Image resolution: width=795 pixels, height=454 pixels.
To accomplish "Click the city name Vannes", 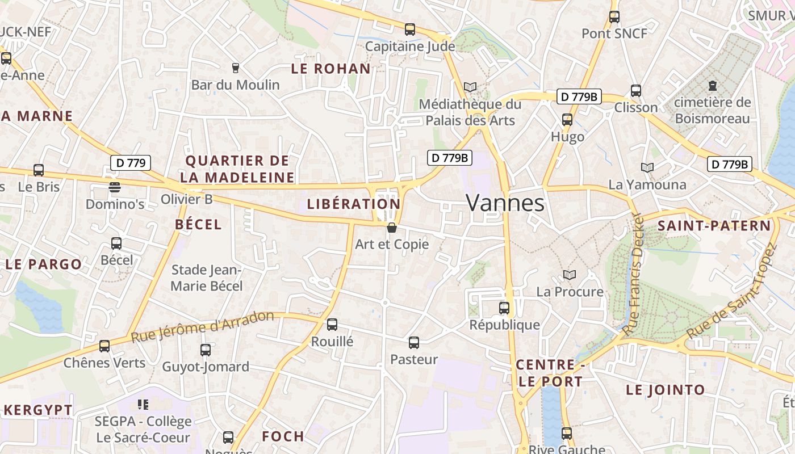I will (x=505, y=203).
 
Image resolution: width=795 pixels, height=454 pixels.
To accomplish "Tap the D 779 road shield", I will (x=130, y=163).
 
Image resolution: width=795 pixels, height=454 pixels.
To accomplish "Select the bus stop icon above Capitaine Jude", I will (x=410, y=29).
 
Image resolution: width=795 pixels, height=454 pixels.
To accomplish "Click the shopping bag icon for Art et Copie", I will (x=391, y=228).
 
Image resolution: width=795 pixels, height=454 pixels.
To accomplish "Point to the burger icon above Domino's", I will (x=115, y=187).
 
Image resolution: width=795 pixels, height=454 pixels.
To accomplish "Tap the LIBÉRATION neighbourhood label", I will (x=354, y=204).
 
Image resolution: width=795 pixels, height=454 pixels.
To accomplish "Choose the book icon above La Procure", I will (x=570, y=275).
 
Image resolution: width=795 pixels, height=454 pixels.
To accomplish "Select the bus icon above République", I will (x=504, y=308).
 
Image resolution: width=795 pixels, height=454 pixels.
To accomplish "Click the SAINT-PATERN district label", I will (x=714, y=226).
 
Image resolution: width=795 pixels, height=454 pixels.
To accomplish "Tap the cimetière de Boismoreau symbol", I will (x=713, y=86).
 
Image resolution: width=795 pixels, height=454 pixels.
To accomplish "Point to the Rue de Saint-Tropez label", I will (x=731, y=292).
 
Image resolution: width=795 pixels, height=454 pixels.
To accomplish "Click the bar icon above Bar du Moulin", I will (x=236, y=68).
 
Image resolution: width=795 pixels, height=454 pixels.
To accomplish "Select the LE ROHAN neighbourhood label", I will (x=330, y=69).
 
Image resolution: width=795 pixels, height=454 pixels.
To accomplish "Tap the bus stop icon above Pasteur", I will (x=414, y=343).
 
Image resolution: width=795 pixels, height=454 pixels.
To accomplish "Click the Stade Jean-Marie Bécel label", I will (x=207, y=278).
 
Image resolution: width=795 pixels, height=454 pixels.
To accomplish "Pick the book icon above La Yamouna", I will (x=647, y=167).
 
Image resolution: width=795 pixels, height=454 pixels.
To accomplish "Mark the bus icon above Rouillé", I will (x=332, y=325).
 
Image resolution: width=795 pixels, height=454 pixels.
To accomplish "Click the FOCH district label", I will (x=283, y=436).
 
